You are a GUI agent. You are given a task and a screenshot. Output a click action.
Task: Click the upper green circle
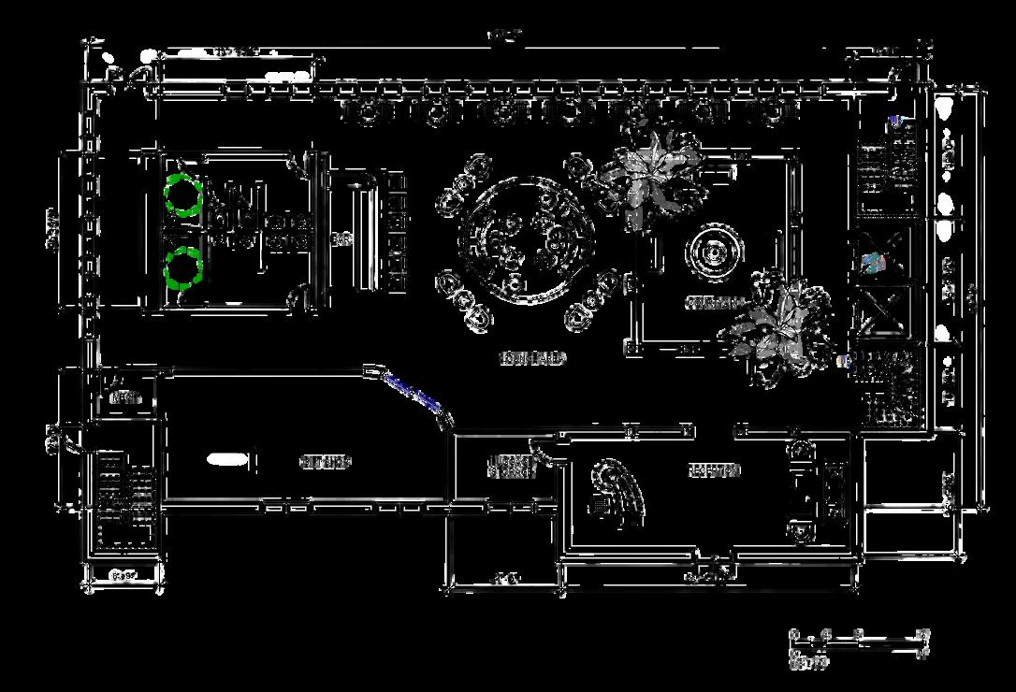point(183,195)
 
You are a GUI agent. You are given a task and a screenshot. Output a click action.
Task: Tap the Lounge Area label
point(533,358)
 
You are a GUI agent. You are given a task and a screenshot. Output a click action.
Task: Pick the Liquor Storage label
point(512,466)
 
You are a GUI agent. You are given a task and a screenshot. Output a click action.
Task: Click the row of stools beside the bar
point(397,229)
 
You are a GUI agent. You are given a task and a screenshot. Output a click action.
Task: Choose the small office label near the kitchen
point(124,397)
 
